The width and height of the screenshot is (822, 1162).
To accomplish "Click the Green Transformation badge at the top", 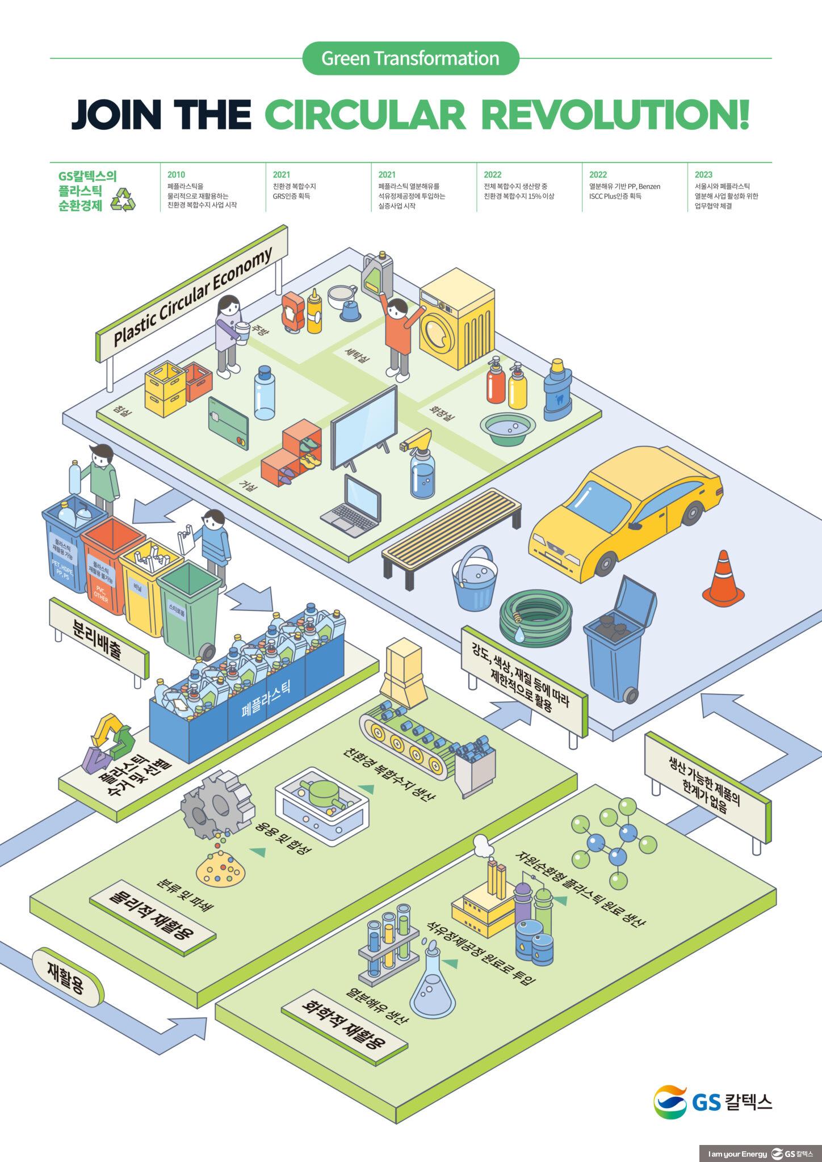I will [x=410, y=58].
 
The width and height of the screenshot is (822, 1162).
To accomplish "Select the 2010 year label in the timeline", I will [x=176, y=175].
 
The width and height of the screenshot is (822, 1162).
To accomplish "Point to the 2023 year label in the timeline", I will [x=703, y=175].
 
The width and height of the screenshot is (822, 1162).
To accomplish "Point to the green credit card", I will [x=228, y=423].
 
